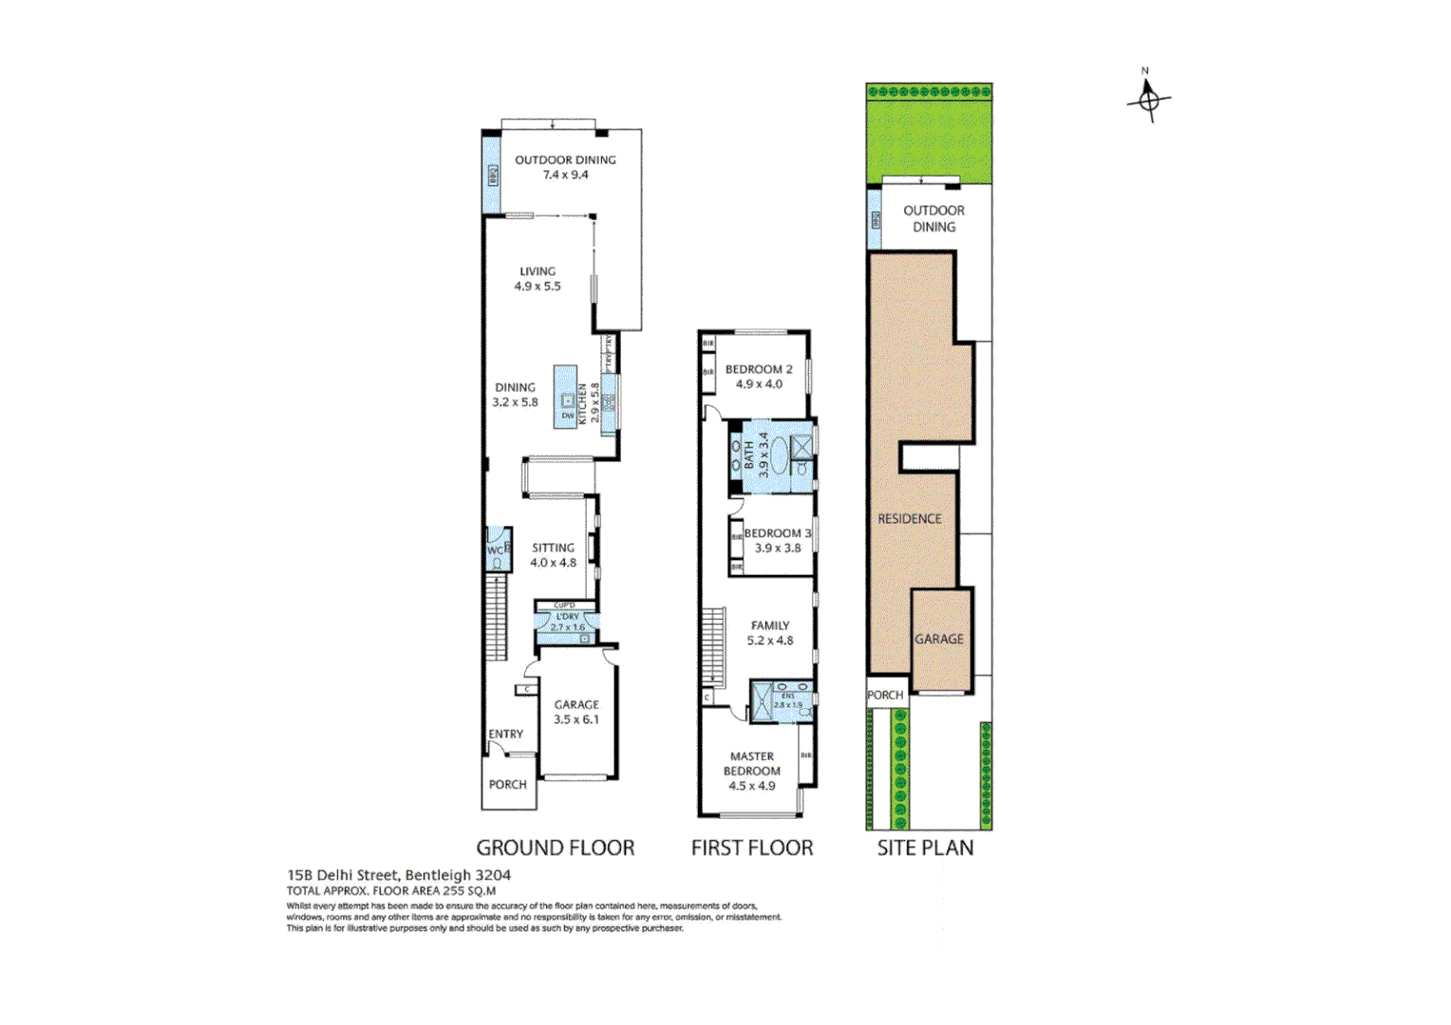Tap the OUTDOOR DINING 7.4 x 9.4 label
[565, 167]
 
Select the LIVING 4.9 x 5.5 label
[537, 278]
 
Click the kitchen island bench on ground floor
[567, 397]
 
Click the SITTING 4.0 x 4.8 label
[553, 555]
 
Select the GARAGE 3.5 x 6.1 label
[576, 712]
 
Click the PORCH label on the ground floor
[507, 785]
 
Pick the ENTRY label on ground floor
[505, 734]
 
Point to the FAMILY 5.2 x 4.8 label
[769, 633]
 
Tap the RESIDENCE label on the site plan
[909, 519]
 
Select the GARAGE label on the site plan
[938, 639]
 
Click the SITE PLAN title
[925, 848]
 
